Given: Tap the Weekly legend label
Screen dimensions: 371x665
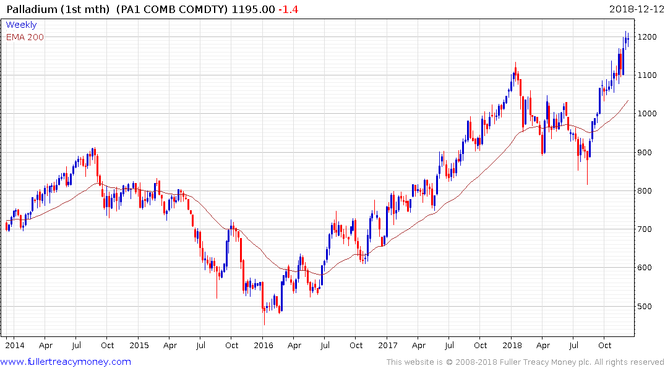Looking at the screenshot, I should click(21, 25).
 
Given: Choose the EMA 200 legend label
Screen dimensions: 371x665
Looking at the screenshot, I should click(25, 37).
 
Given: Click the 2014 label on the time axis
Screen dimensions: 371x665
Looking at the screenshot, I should click(14, 346).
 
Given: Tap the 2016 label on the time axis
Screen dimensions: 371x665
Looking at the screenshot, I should click(264, 346).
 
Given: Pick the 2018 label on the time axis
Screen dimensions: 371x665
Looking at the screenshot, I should click(512, 346).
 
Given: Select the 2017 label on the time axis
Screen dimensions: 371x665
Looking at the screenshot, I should click(388, 346).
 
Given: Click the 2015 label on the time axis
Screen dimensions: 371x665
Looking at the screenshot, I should click(139, 346).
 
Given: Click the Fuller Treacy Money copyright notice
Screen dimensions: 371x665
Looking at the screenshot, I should click(525, 362).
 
